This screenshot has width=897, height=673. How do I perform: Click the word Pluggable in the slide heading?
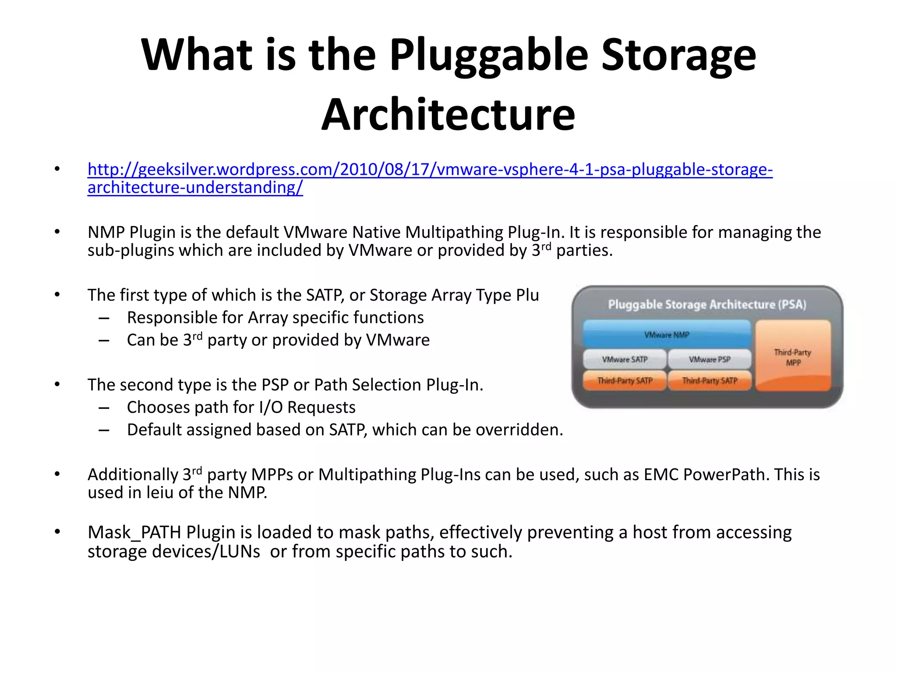pyautogui.click(x=489, y=55)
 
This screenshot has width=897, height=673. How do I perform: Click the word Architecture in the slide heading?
pyautogui.click(x=448, y=114)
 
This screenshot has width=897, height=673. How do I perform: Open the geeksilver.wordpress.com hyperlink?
pyautogui.click(x=430, y=170)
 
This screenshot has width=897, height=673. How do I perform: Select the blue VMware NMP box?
pyautogui.click(x=667, y=334)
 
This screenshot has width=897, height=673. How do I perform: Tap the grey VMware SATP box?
pyautogui.click(x=625, y=359)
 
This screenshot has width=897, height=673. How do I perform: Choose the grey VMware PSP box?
pyautogui.click(x=710, y=359)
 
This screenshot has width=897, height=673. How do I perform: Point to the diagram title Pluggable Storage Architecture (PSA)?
pyautogui.click(x=707, y=305)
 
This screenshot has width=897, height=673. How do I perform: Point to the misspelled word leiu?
pyautogui.click(x=160, y=493)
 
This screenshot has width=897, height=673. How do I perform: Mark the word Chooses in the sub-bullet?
pyautogui.click(x=158, y=407)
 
